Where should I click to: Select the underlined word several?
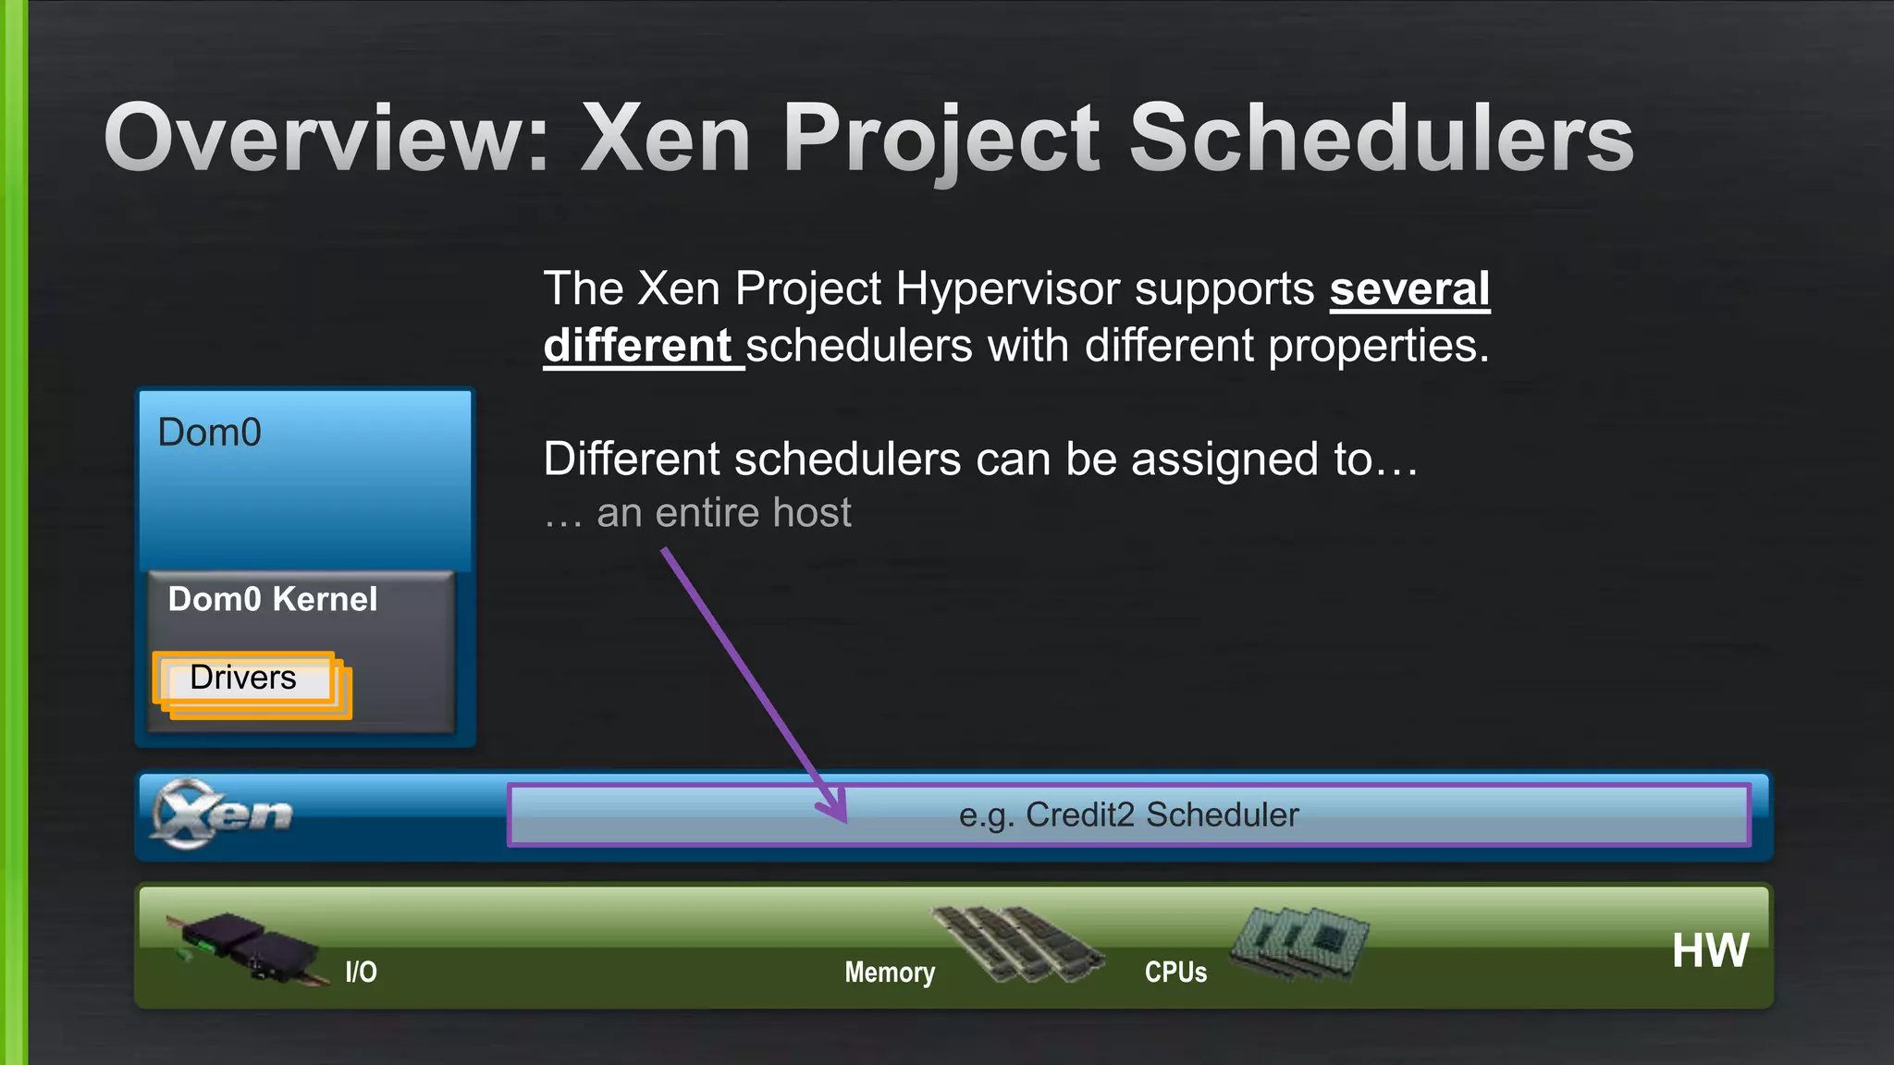[x=1409, y=289]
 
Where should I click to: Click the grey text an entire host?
[x=723, y=513]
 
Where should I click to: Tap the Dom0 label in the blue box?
[x=210, y=433]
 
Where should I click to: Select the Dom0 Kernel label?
[x=273, y=599]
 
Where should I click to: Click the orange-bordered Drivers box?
[x=243, y=679]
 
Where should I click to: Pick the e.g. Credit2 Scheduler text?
[x=1128, y=814]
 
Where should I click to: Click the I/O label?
[x=361, y=972]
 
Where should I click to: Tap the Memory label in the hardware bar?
[x=890, y=972]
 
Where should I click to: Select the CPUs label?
[x=1175, y=972]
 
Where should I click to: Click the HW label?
[x=1710, y=950]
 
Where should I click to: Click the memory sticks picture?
[x=1017, y=943]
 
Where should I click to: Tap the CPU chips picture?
[x=1299, y=941]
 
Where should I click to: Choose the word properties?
[x=1378, y=347]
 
